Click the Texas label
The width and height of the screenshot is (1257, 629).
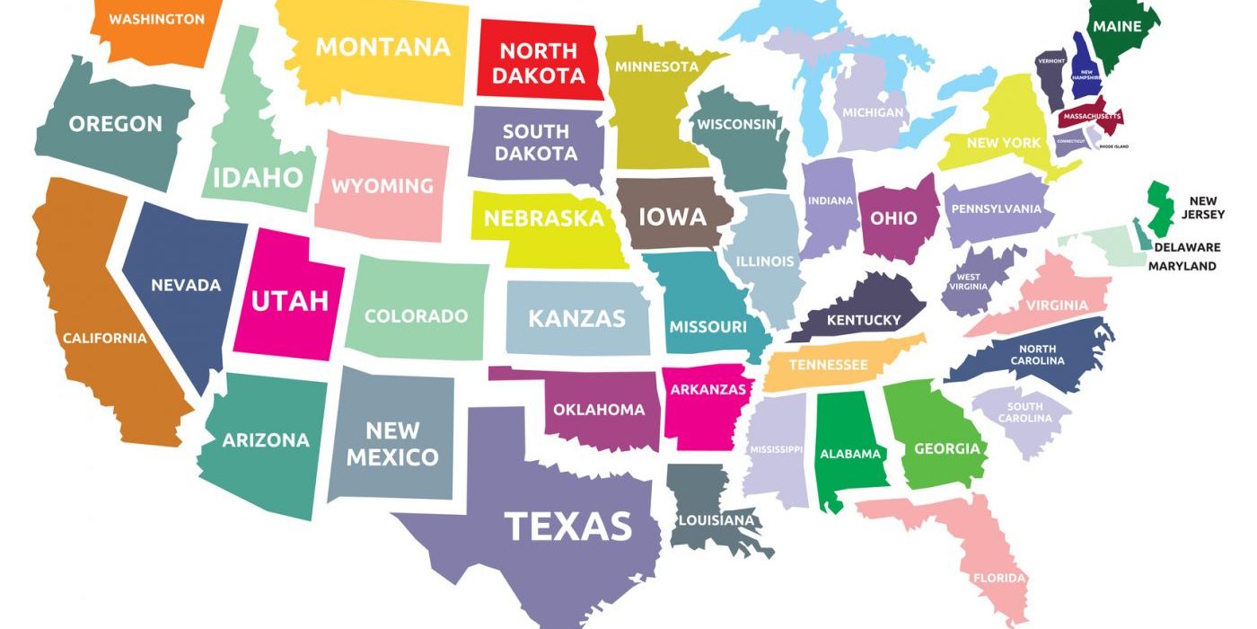(567, 527)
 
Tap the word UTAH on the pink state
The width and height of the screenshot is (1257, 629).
(289, 300)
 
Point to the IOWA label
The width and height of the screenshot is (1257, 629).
(672, 217)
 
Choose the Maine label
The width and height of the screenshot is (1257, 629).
(1117, 26)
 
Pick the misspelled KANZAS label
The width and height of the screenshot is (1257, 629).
(576, 318)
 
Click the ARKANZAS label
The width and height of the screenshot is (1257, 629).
(708, 389)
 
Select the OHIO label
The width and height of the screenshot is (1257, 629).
(893, 218)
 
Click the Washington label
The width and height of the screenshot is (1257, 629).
(156, 18)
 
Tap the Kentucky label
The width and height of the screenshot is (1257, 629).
(863, 320)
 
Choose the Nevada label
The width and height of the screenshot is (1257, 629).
(186, 285)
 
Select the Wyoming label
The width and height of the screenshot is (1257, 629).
(382, 186)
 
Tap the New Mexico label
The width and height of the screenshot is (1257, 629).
(392, 444)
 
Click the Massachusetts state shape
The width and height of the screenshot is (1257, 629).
(1090, 118)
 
